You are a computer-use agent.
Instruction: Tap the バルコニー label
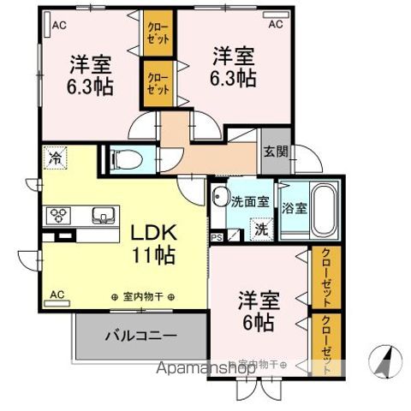pyautogui.click(x=141, y=335)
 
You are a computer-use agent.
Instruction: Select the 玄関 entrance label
pyautogui.click(x=275, y=152)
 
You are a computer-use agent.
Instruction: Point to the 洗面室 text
pyautogui.click(x=250, y=203)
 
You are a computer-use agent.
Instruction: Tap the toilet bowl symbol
pyautogui.click(x=124, y=158)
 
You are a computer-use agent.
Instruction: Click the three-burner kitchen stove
pyautogui.click(x=63, y=215)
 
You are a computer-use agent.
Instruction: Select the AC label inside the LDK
pyautogui.click(x=57, y=295)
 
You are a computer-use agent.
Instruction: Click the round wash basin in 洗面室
pyautogui.click(x=219, y=194)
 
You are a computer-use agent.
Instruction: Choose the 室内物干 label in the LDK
pyautogui.click(x=143, y=297)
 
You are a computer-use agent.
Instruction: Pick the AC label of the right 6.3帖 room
pyautogui.click(x=276, y=26)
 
